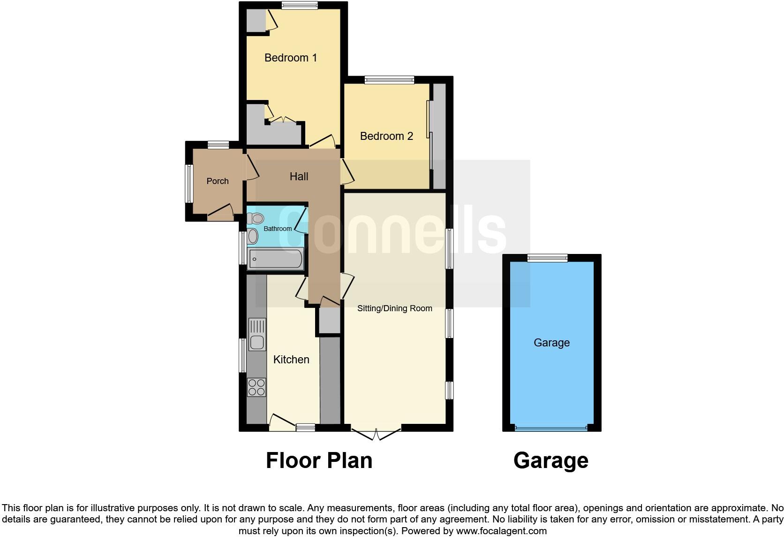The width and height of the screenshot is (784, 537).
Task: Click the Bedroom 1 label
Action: pos(291,58)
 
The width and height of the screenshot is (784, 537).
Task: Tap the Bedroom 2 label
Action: pos(386,136)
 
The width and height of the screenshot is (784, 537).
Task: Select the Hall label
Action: pos(299,176)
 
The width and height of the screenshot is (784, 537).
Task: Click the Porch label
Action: pos(218,181)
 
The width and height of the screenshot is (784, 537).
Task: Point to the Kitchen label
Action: pos(291,360)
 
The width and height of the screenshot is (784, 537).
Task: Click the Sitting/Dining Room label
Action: pos(394,308)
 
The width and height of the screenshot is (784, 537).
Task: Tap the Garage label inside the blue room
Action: pos(551,343)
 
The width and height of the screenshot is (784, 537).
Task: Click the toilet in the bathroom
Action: pos(256,218)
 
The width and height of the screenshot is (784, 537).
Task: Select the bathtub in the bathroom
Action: pos(275,259)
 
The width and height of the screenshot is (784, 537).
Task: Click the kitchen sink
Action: pos(257,334)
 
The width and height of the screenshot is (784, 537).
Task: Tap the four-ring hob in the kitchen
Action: pos(256,387)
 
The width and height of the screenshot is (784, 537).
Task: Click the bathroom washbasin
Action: pos(253,236)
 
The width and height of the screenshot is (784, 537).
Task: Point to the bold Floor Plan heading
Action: pos(319,460)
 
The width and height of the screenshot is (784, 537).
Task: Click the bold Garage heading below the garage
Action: pos(550,460)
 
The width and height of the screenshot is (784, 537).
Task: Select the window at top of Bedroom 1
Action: pos(300,6)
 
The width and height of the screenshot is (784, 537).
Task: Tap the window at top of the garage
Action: pos(547,258)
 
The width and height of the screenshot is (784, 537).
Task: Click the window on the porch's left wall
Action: pos(189,183)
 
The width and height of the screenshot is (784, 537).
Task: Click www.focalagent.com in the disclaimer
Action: pos(501,531)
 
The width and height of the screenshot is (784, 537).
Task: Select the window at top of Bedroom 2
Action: pos(389,80)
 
